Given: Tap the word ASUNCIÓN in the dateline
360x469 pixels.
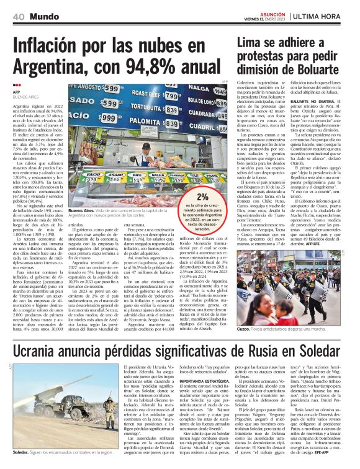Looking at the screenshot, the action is click(253, 12).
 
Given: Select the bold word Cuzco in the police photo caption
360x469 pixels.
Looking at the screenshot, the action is click(244, 327).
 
